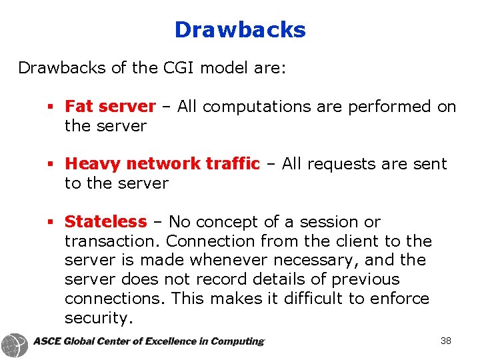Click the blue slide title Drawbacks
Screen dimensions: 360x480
click(x=240, y=30)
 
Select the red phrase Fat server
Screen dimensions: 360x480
click(x=110, y=107)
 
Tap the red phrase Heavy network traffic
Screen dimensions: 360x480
click(x=162, y=164)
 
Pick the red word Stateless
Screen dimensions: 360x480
click(x=105, y=222)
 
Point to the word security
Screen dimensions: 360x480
click(x=99, y=318)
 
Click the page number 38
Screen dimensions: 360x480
click(x=446, y=341)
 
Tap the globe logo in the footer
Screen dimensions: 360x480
click(x=14, y=345)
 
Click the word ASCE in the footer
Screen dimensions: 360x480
click(x=47, y=341)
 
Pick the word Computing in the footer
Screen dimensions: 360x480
click(x=236, y=341)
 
